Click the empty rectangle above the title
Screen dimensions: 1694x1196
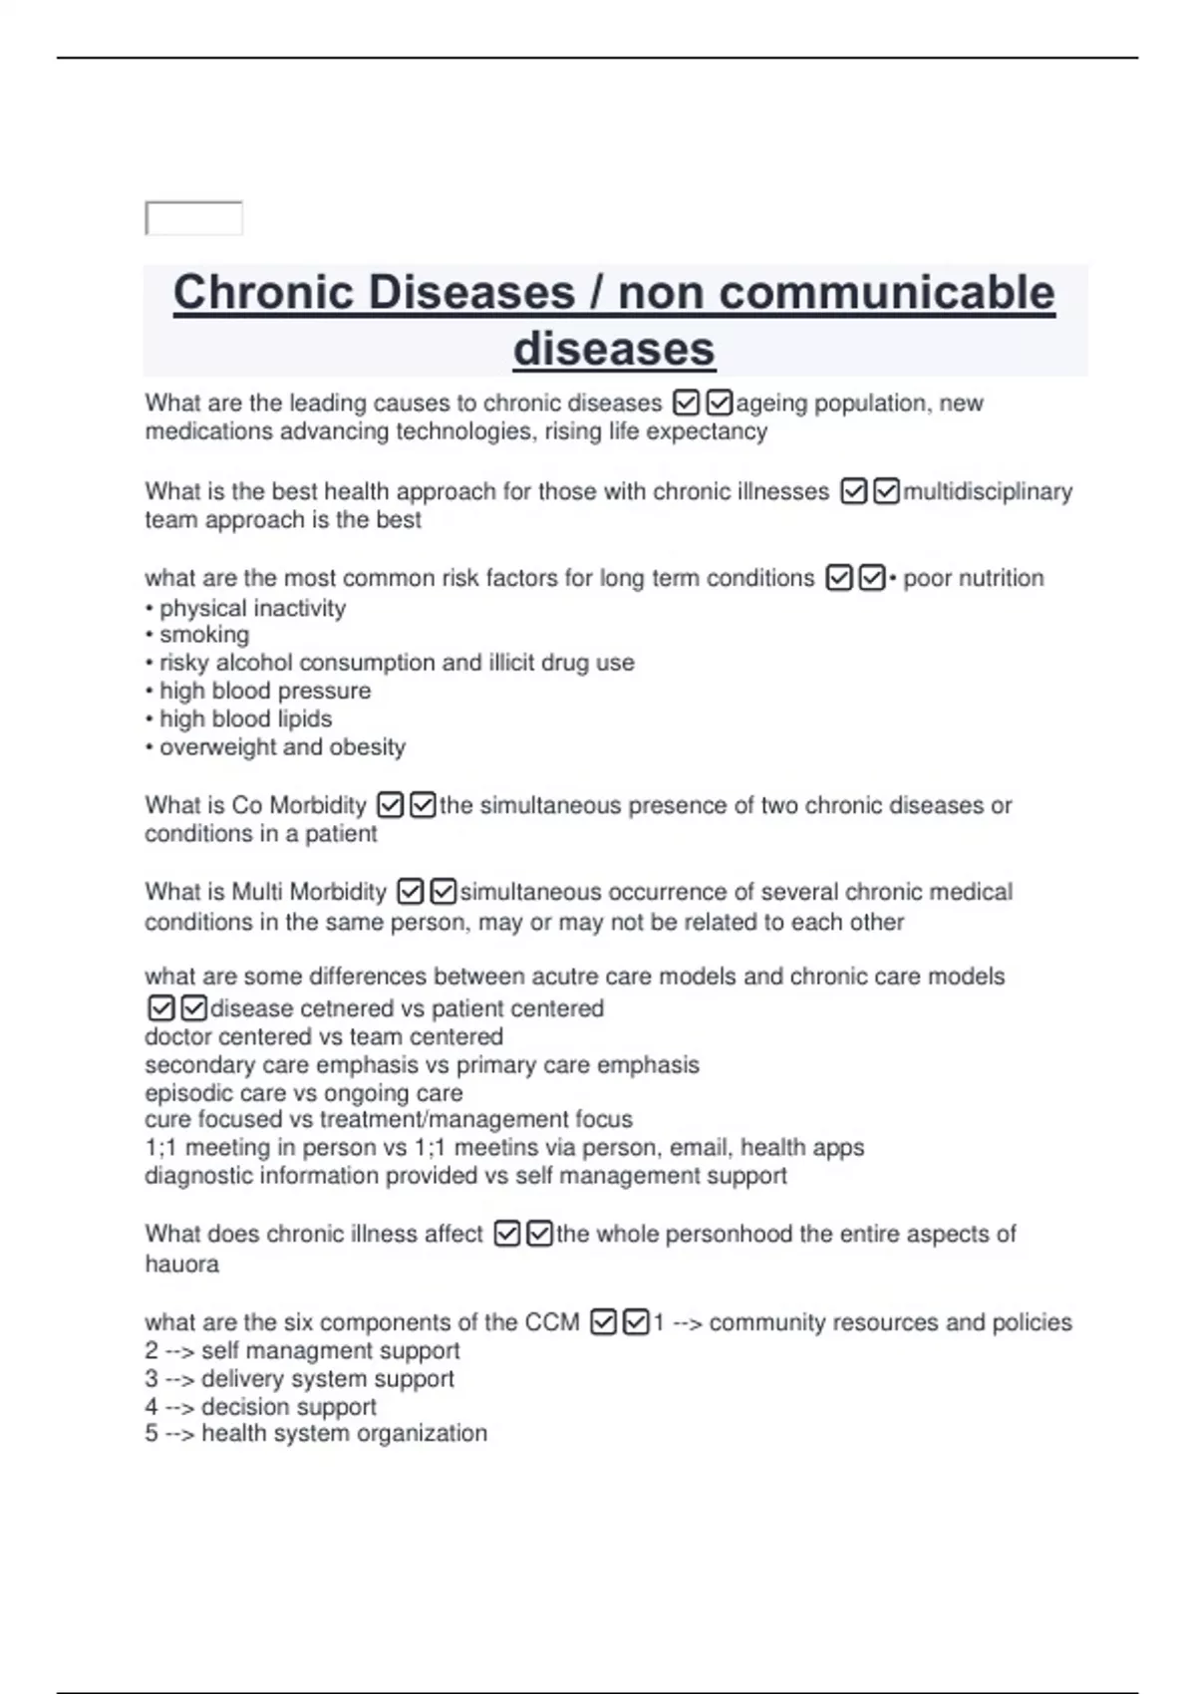point(194,218)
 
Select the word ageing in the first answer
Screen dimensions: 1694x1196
point(770,404)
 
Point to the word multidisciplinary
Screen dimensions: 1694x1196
point(987,492)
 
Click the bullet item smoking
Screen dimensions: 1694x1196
point(204,635)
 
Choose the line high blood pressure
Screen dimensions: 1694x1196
point(264,691)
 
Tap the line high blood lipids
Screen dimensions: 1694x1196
point(245,718)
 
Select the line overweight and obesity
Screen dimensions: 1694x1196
point(282,747)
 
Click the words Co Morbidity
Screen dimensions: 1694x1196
point(299,805)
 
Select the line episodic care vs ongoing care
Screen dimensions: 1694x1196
point(303,1093)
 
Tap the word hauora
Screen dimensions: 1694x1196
point(181,1265)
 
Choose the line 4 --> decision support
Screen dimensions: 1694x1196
point(260,1407)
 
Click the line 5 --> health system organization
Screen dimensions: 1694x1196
point(316,1434)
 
